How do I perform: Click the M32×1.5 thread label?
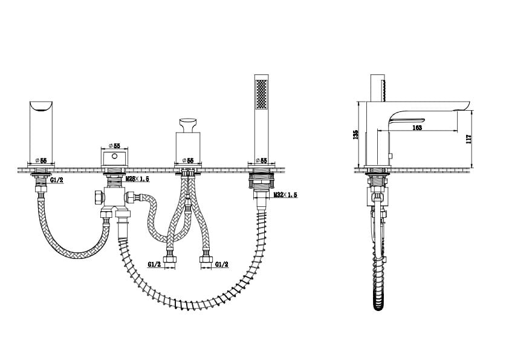(x=285, y=195)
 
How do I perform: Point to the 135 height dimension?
(x=356, y=134)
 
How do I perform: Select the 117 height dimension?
(x=468, y=139)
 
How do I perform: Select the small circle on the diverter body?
(x=114, y=156)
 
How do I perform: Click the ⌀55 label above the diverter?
(x=114, y=145)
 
